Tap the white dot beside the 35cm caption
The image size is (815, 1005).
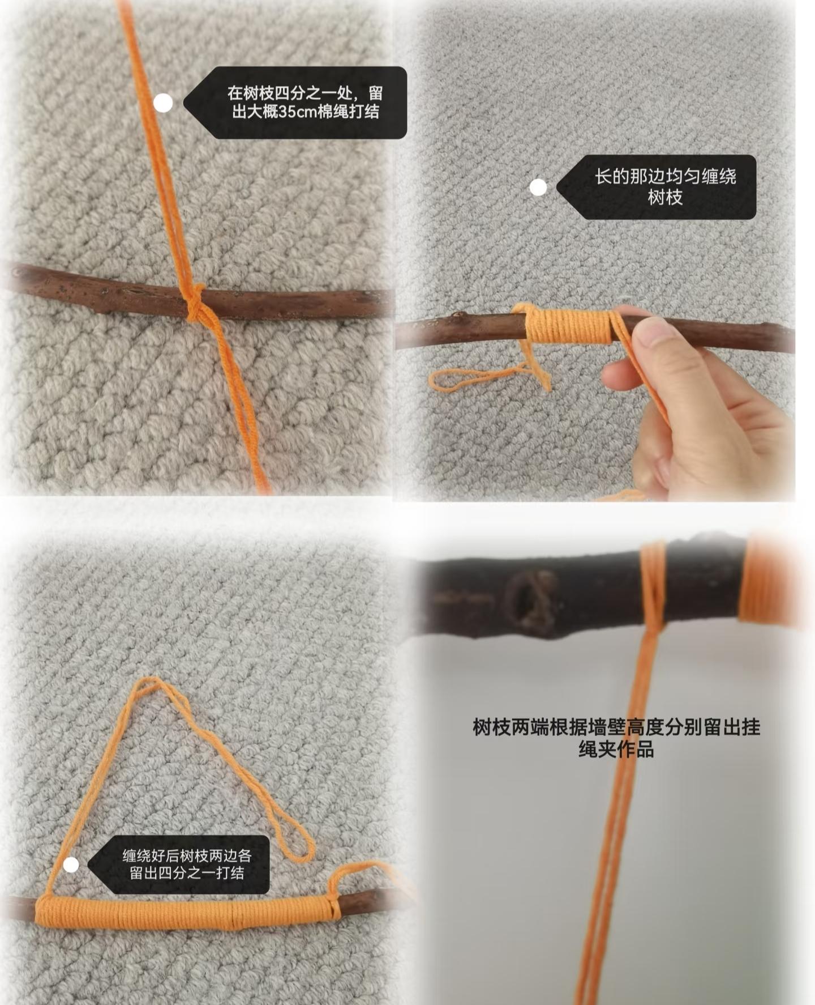point(163,103)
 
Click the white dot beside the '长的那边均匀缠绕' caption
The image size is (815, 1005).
point(538,187)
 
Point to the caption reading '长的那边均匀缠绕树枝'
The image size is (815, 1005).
point(665,187)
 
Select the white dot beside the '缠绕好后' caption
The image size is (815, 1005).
point(71,865)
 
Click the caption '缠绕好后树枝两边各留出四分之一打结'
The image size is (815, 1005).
point(187,864)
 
